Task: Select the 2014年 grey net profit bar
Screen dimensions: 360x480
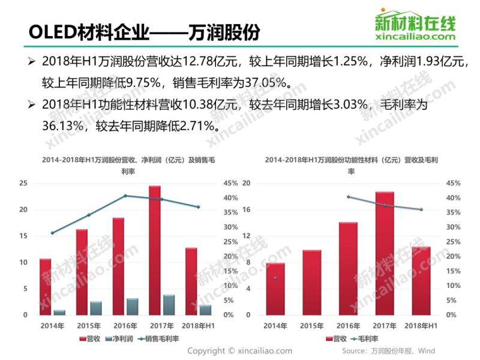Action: click(x=59, y=312)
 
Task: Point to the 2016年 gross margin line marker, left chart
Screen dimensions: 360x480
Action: click(x=125, y=196)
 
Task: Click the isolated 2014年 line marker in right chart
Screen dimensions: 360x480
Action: click(x=275, y=278)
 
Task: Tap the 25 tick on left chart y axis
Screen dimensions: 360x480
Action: click(x=23, y=183)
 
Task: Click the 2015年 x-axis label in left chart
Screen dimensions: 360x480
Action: click(x=89, y=325)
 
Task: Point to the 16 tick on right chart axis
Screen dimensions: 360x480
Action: click(x=245, y=209)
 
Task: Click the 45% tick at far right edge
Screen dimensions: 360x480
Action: click(x=453, y=184)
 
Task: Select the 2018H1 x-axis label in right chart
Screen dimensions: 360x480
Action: click(x=421, y=325)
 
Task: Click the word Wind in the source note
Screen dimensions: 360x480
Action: click(x=427, y=351)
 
